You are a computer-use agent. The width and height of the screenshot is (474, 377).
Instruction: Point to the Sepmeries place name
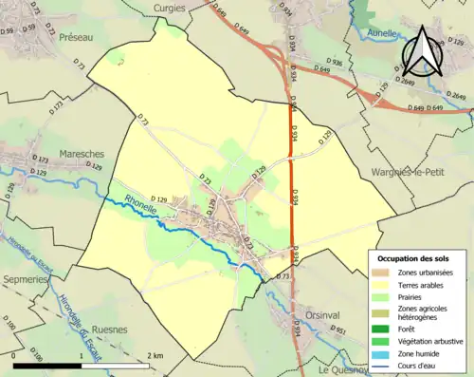[24, 281]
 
